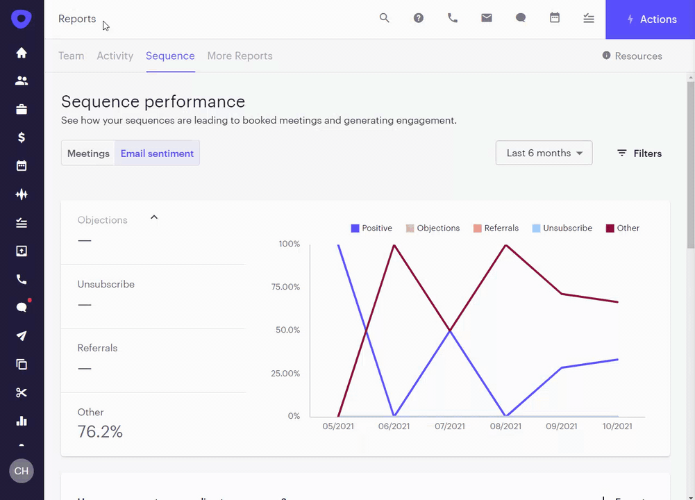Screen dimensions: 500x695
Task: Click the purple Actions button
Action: (x=650, y=19)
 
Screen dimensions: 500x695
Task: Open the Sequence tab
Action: (x=170, y=56)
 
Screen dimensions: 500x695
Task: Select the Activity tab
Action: (x=115, y=56)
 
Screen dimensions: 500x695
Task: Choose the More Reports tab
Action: (x=240, y=56)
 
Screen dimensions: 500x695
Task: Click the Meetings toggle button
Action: (x=88, y=153)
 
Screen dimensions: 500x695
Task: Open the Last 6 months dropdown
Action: (x=544, y=153)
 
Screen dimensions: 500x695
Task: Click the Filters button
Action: (x=639, y=153)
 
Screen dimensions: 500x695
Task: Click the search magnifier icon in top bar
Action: (x=384, y=19)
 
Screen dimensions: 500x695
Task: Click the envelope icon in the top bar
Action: (x=487, y=19)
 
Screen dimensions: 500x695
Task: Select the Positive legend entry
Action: (x=371, y=228)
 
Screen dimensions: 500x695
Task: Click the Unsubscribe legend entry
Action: (x=562, y=228)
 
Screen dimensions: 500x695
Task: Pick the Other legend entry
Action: (x=623, y=228)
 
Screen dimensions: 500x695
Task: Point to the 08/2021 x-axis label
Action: (x=506, y=426)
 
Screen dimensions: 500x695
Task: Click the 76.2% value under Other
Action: (x=100, y=432)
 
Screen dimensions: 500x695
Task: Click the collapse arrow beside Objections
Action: (x=154, y=217)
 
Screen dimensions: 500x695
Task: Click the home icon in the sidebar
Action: (x=22, y=53)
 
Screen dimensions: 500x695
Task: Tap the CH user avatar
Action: (x=22, y=471)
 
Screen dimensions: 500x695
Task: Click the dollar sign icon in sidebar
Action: (x=22, y=137)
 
